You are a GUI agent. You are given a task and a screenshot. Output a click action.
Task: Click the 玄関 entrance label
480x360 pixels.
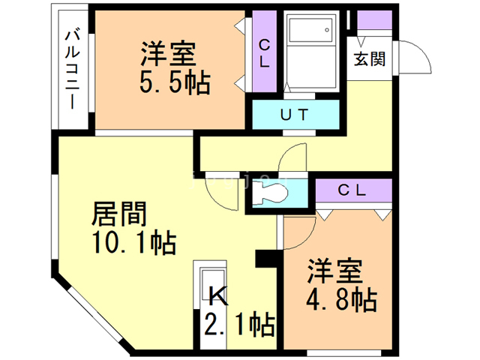click(x=370, y=58)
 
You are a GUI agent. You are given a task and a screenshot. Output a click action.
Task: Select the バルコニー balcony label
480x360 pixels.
click(x=73, y=68)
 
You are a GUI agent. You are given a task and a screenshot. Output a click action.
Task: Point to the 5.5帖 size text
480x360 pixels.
click(x=174, y=80)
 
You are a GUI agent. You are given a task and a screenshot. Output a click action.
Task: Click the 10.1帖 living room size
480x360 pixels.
click(x=136, y=242)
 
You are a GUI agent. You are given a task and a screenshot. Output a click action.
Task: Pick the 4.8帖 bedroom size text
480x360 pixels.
click(x=340, y=300)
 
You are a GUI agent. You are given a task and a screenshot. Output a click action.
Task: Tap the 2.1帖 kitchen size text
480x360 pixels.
click(x=239, y=325)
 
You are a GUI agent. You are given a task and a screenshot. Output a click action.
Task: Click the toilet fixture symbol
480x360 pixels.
click(x=271, y=192)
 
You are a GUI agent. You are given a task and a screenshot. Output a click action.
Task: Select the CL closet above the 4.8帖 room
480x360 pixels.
click(x=350, y=190)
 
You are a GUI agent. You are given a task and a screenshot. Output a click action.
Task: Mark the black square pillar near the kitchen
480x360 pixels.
click(x=265, y=257)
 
